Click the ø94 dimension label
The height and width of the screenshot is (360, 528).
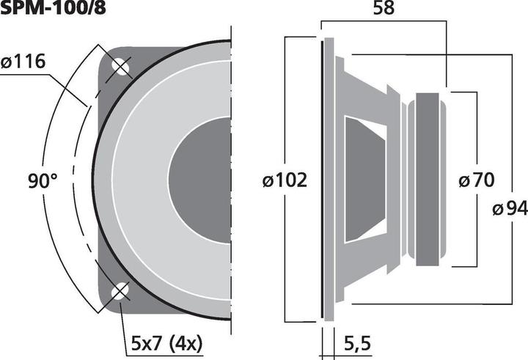coord(510,210)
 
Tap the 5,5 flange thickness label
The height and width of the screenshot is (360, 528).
coord(358,341)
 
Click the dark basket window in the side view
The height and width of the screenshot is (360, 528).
coord(363,180)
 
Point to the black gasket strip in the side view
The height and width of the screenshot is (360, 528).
coord(322,180)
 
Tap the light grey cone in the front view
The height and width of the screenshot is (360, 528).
coord(139,180)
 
